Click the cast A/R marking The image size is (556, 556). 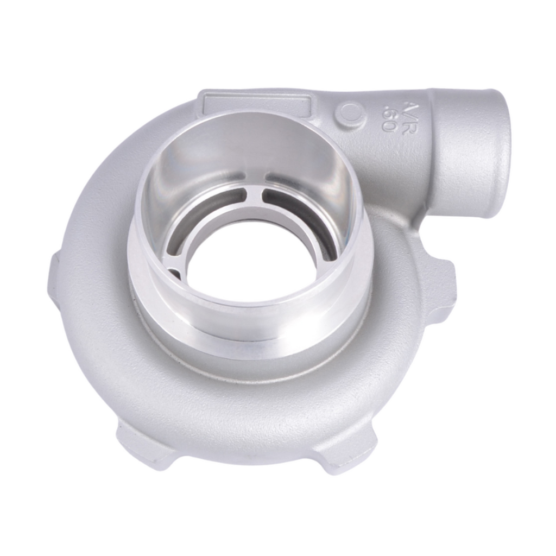408,108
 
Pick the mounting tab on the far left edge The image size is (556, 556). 54,282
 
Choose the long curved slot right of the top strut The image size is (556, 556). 299,209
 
